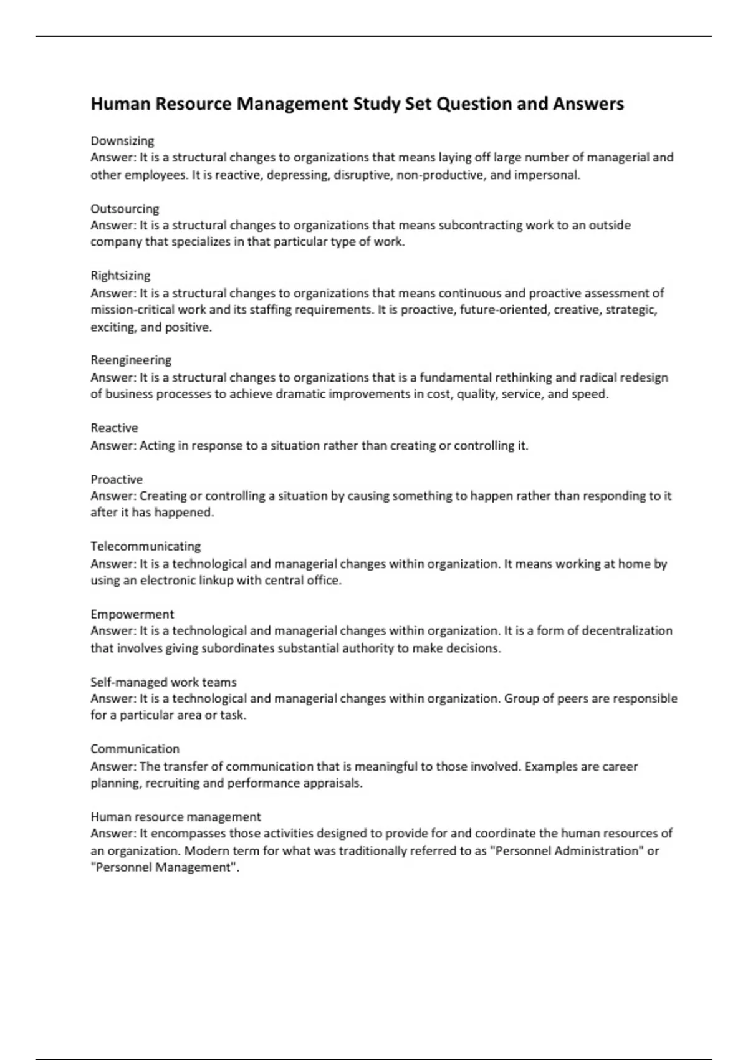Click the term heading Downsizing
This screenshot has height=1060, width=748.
click(x=122, y=141)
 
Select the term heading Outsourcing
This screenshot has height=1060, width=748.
click(x=125, y=209)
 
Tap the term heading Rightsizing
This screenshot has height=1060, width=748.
click(x=120, y=276)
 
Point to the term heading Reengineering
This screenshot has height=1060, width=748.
click(x=131, y=360)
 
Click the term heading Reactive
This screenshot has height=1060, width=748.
click(x=114, y=428)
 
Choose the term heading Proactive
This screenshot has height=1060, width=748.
click(x=117, y=479)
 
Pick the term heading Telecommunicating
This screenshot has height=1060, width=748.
click(x=146, y=546)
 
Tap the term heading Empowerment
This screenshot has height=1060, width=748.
click(x=132, y=614)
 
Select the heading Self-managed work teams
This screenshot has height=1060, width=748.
click(x=163, y=682)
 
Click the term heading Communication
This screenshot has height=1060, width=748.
click(x=135, y=749)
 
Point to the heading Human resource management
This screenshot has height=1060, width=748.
click(x=176, y=817)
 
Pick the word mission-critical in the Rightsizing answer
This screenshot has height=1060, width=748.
click(x=132, y=310)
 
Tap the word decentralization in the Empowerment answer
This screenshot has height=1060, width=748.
click(x=628, y=630)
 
